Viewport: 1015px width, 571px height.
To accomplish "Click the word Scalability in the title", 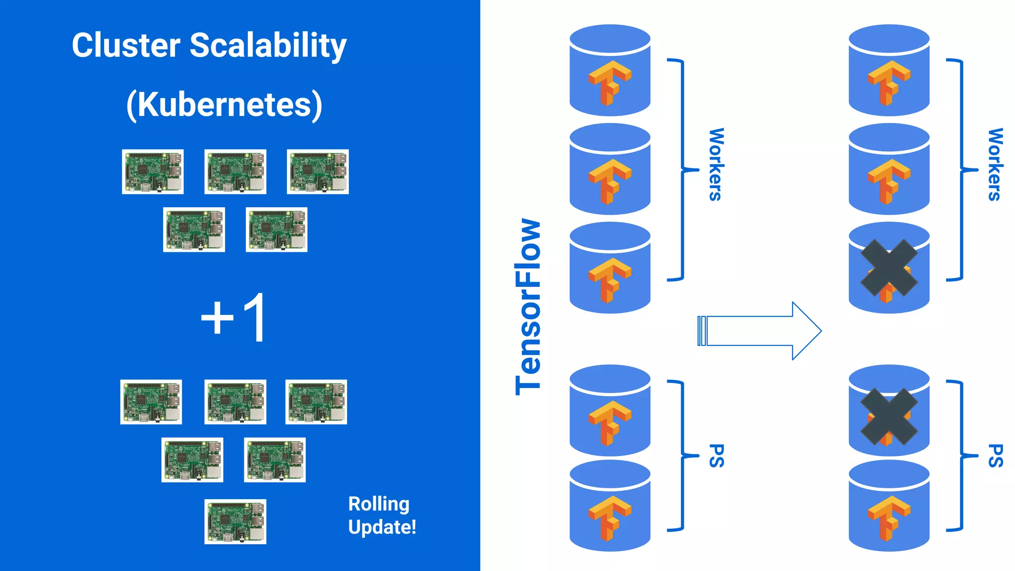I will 268,46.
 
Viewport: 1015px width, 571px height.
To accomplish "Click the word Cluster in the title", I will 126,46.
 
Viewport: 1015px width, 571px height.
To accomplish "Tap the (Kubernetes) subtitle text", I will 224,105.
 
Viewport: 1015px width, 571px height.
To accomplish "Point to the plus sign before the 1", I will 217,318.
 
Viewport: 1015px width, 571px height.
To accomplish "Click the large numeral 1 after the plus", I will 256,317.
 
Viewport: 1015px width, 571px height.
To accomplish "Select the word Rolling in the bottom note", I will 379,504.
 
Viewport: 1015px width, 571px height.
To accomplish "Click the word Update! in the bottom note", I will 382,527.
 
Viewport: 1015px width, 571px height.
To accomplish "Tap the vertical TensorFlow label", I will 528,306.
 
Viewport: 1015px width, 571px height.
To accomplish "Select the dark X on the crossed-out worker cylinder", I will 889,268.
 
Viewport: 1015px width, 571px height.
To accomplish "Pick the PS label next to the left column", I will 717,456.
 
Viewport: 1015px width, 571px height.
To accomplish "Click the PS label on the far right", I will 995,456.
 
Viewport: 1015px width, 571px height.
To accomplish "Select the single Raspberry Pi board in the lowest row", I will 235,521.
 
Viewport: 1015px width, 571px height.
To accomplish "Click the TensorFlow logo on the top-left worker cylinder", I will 610,82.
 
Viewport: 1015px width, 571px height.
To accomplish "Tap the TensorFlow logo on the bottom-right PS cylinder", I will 889,517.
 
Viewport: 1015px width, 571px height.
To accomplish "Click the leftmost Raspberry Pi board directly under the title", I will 153,171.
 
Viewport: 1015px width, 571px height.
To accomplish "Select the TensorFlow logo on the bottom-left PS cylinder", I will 610,517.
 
